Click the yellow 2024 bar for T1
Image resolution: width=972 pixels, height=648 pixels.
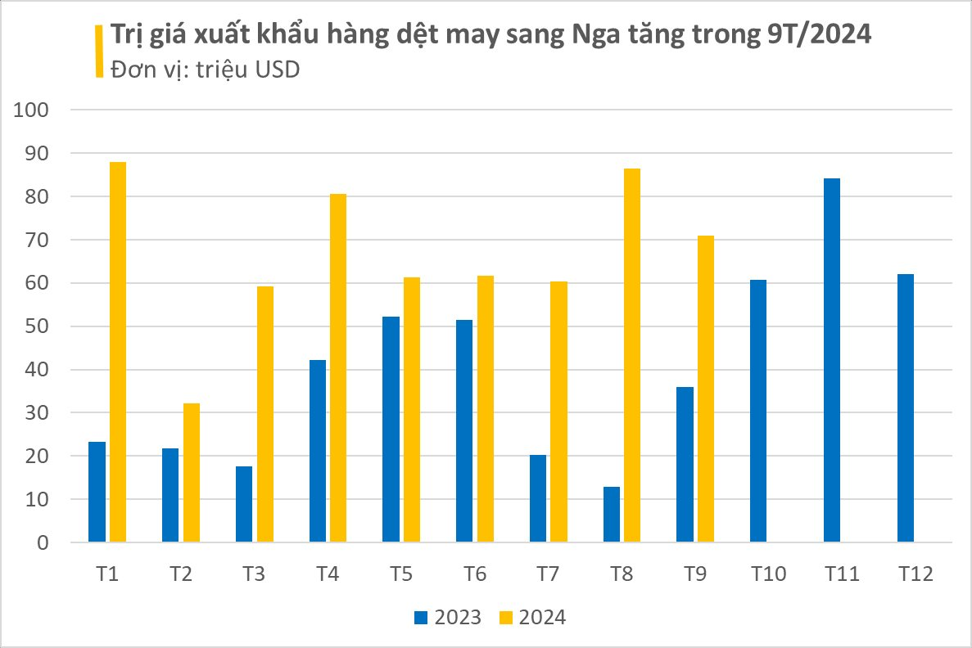(118, 352)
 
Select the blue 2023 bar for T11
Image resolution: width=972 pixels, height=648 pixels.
(832, 360)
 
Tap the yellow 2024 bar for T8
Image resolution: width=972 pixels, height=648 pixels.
(632, 355)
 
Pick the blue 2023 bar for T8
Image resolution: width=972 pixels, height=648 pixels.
(612, 515)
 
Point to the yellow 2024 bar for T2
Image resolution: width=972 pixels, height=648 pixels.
(192, 472)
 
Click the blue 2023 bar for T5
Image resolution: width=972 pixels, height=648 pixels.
(391, 429)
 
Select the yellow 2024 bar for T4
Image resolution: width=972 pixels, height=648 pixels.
(338, 367)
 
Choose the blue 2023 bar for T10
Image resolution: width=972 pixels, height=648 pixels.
(758, 411)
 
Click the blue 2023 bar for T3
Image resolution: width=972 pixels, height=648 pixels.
(244, 504)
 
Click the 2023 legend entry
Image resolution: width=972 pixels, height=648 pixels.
(448, 617)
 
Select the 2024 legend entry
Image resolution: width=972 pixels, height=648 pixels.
(533, 617)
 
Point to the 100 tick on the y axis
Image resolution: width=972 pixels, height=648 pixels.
(32, 110)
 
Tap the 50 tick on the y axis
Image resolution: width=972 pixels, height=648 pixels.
(38, 326)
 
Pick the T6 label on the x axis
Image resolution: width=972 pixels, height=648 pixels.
(474, 574)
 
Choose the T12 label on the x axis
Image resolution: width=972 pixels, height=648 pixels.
(915, 574)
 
